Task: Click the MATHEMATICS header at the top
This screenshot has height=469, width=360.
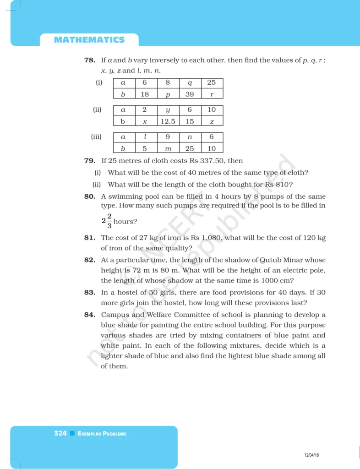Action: (x=89, y=40)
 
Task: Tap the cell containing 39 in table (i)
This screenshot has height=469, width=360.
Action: (x=190, y=94)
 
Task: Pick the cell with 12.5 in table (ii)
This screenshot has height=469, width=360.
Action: (x=168, y=121)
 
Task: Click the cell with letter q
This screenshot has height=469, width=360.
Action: (x=190, y=83)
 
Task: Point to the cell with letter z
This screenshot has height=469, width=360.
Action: (x=211, y=121)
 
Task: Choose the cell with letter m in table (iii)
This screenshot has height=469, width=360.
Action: (x=168, y=148)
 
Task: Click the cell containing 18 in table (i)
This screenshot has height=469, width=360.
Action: (x=145, y=94)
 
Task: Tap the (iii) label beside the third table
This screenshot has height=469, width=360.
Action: (x=97, y=136)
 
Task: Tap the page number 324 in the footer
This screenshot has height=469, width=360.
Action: (x=60, y=433)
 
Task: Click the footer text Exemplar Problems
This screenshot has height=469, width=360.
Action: (x=102, y=434)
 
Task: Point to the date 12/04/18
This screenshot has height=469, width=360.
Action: (x=311, y=454)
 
